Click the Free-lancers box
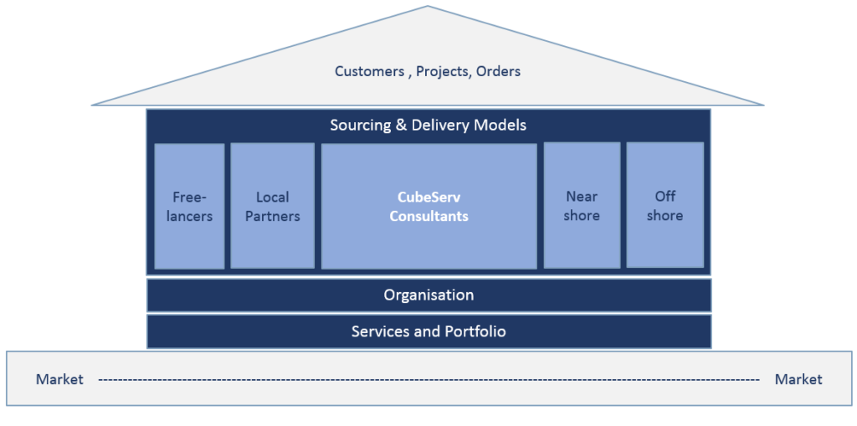(189, 206)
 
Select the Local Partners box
(272, 206)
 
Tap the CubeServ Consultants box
(428, 206)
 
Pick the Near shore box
(582, 205)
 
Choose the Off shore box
(665, 205)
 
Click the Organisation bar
(428, 295)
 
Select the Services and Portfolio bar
(428, 331)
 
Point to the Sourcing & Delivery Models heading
(428, 126)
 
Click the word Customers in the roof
(369, 72)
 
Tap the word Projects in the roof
(441, 72)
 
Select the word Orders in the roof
(499, 72)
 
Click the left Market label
(59, 380)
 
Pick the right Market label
(798, 380)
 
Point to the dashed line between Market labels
(428, 380)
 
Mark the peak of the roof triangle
(428, 8)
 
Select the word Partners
(273, 216)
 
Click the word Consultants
(428, 216)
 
